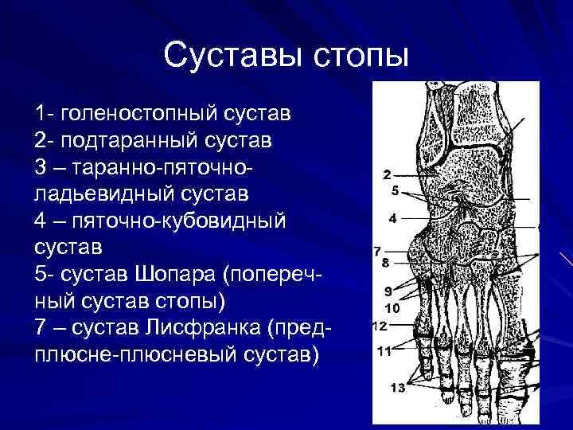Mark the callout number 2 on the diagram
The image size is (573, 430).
pyautogui.click(x=386, y=174)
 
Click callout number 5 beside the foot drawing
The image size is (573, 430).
pyautogui.click(x=394, y=191)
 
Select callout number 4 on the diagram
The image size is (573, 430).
pyautogui.click(x=392, y=217)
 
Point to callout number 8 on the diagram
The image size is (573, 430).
pyautogui.click(x=385, y=262)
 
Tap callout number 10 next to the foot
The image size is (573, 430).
pyautogui.click(x=392, y=307)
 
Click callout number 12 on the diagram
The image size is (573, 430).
pyautogui.click(x=380, y=326)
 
